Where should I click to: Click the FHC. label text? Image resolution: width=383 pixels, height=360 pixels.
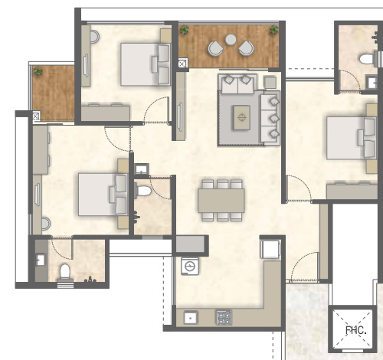[x=355, y=331]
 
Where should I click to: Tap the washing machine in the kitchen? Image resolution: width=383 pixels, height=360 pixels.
[x=188, y=266]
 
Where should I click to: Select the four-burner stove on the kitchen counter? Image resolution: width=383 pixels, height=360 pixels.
[x=224, y=315]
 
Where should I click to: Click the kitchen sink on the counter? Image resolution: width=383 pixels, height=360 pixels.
[x=189, y=316]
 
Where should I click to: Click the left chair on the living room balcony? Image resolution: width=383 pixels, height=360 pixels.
[x=214, y=49]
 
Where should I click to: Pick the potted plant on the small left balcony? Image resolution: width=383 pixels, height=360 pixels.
[x=38, y=71]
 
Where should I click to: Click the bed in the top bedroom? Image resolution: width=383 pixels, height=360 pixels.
[x=146, y=63]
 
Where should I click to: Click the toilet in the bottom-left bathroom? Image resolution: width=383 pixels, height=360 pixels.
[x=65, y=272]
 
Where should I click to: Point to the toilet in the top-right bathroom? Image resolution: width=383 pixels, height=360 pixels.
[x=366, y=58]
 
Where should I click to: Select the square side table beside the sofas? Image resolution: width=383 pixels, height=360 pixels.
[x=269, y=81]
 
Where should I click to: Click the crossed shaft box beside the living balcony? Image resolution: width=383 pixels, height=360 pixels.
[x=182, y=64]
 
